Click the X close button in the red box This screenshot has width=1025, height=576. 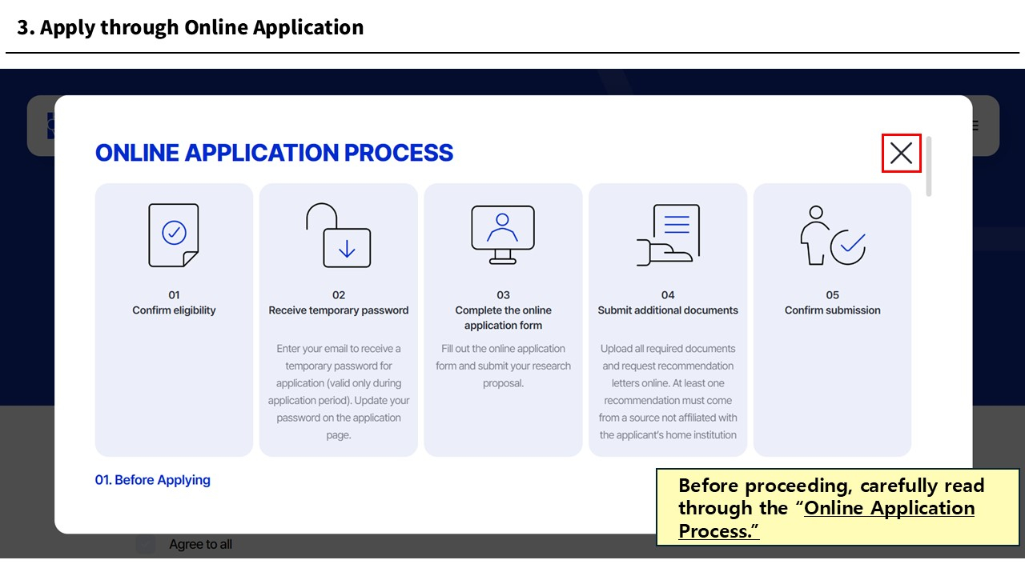901,153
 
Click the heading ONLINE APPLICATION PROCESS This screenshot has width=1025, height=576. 274,153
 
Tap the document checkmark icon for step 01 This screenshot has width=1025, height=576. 174,235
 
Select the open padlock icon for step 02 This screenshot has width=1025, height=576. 338,235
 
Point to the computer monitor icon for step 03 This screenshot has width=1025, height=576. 503,235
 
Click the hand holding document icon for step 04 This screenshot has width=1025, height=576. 668,235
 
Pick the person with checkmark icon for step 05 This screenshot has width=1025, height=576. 833,235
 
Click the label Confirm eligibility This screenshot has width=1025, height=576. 174,310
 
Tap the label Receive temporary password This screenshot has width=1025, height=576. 339,310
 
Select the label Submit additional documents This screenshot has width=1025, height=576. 668,310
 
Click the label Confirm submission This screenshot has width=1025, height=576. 832,310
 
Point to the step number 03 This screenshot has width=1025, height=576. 504,295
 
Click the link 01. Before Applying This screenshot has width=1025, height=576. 152,480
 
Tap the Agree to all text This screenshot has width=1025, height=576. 200,545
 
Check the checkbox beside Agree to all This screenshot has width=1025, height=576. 146,545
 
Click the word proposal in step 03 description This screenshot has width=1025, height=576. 503,383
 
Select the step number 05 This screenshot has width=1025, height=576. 832,295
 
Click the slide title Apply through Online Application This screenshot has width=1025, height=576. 202,27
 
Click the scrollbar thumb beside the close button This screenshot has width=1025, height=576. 928,166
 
